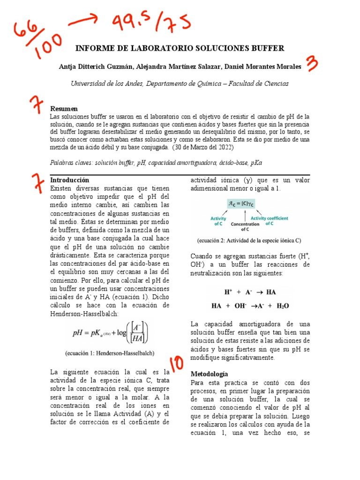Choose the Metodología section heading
[209, 374]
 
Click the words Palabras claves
[71, 162]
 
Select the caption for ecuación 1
[110, 352]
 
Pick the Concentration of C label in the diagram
[244, 226]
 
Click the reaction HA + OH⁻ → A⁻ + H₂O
[250, 305]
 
